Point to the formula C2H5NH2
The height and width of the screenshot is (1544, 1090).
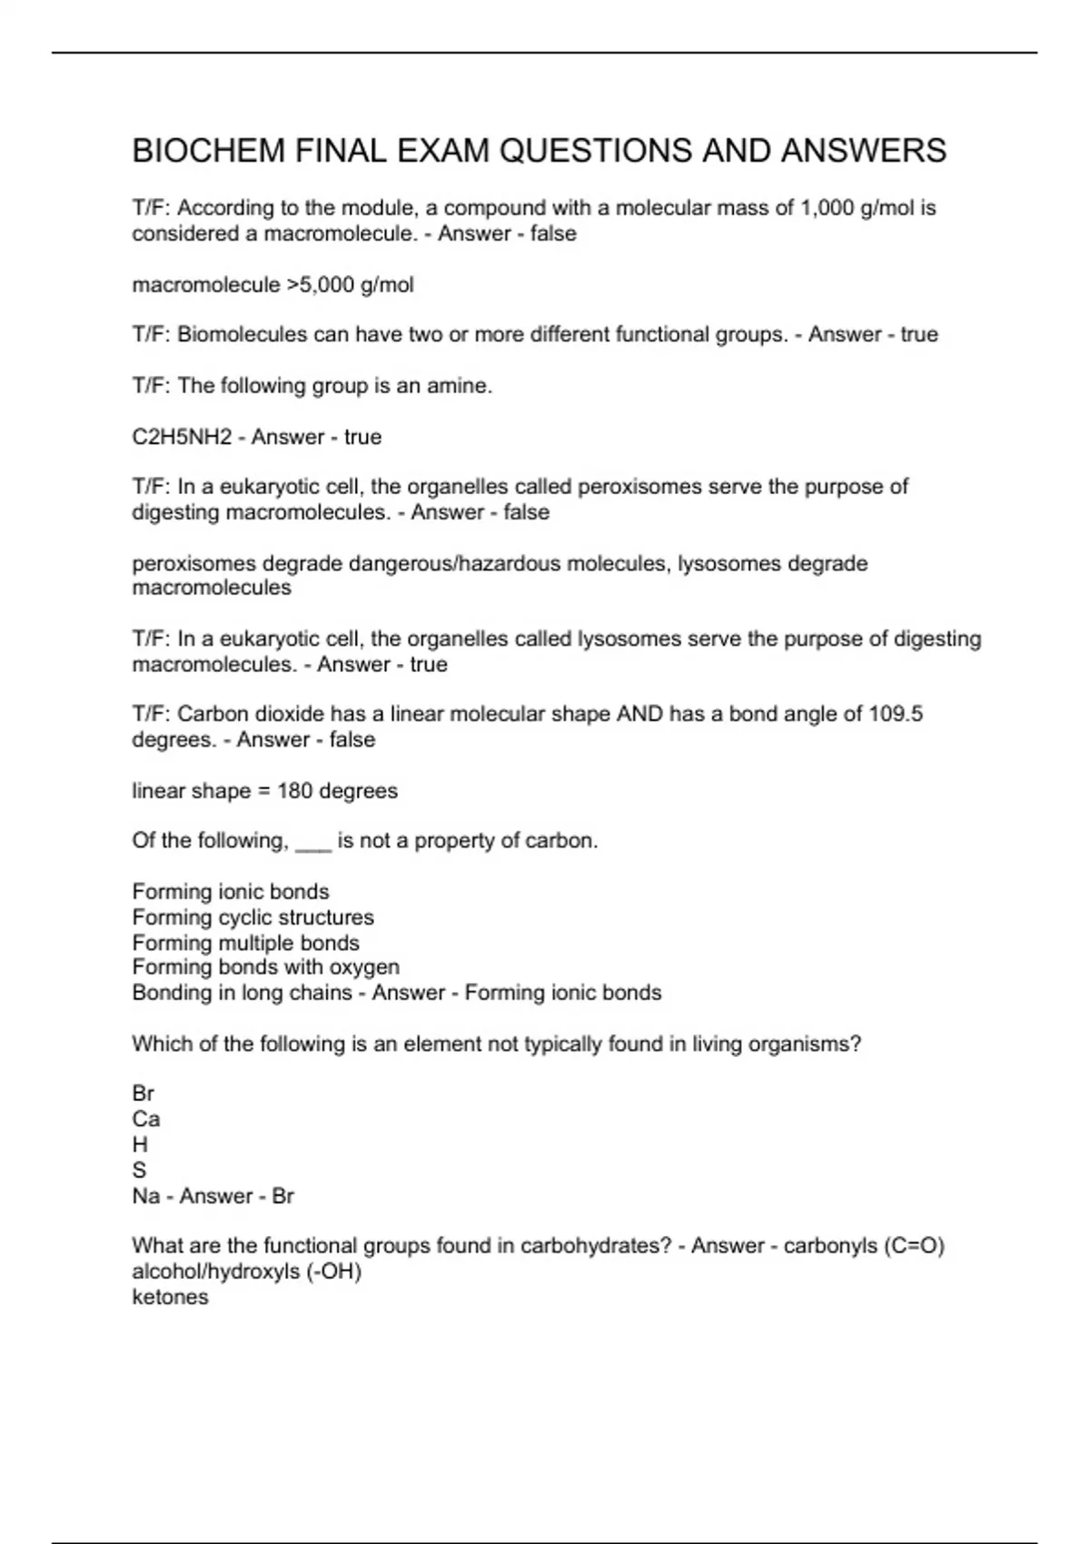coord(182,437)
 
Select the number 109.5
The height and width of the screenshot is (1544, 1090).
coord(896,714)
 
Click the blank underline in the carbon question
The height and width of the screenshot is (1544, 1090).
coord(313,843)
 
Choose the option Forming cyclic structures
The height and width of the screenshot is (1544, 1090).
coord(253,917)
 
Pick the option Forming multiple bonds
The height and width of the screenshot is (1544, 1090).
coord(245,943)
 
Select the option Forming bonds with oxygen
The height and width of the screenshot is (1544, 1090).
coord(265,967)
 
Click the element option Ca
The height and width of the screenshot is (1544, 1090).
coord(145,1119)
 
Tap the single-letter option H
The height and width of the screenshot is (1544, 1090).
coord(140,1144)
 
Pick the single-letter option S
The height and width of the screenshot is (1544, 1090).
coord(139,1170)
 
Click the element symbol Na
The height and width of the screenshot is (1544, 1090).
coord(145,1196)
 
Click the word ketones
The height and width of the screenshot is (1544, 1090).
coord(170,1297)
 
